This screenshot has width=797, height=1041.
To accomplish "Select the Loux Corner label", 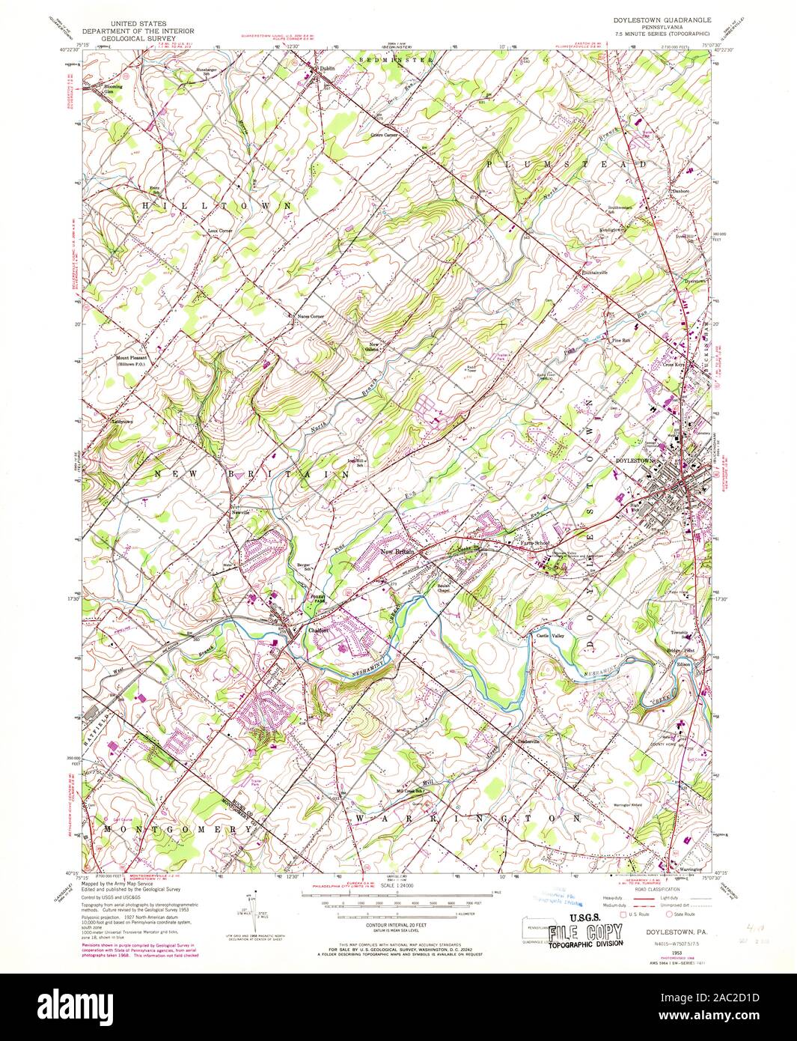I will click(x=221, y=231).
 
